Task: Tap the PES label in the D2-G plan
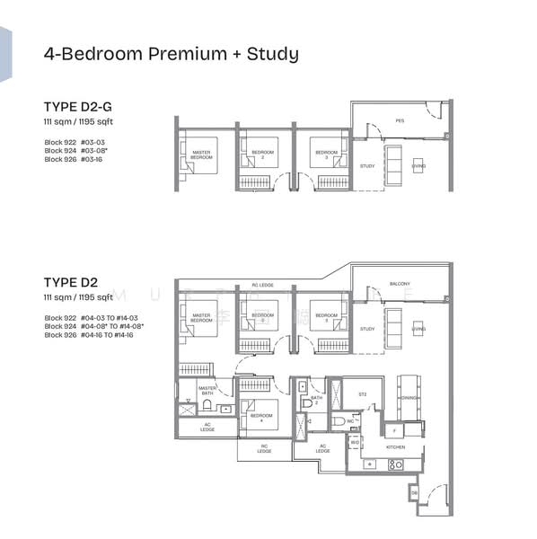pyautogui.click(x=400, y=120)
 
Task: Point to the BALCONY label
pyautogui.click(x=400, y=284)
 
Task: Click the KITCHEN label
pyautogui.click(x=396, y=446)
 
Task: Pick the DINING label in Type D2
pyautogui.click(x=409, y=396)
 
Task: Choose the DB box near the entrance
pyautogui.click(x=414, y=493)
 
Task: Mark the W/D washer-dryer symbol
pyautogui.click(x=355, y=442)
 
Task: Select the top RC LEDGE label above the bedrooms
pyautogui.click(x=261, y=285)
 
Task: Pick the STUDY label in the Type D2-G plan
pyautogui.click(x=367, y=166)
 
